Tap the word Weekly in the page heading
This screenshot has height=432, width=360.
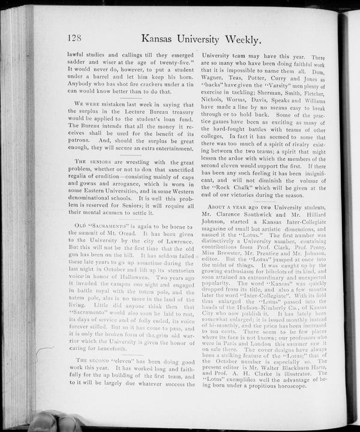click(237, 40)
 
